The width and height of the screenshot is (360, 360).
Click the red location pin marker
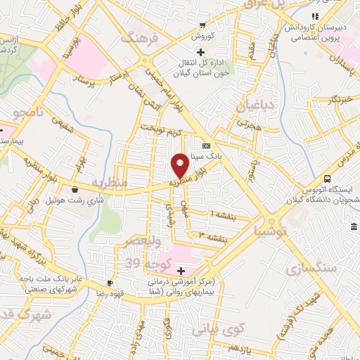(x=180, y=165)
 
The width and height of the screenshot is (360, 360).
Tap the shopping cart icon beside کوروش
(x=202, y=25)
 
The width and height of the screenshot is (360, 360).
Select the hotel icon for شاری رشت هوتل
(x=75, y=189)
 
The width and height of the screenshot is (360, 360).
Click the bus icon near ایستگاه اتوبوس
(x=327, y=179)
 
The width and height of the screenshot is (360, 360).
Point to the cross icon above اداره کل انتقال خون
(x=201, y=52)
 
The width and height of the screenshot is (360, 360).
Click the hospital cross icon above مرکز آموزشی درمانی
(x=181, y=271)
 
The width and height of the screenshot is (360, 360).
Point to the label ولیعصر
(x=144, y=241)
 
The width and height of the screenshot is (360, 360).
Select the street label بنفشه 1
(x=222, y=212)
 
